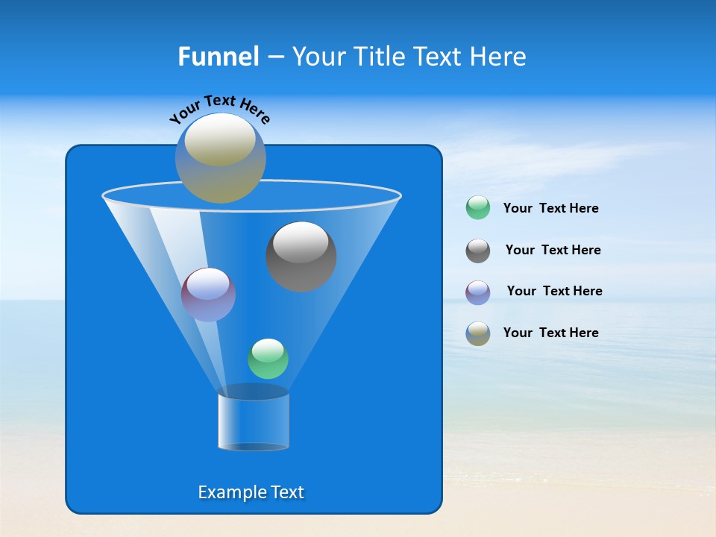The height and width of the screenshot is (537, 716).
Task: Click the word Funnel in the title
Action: (218, 57)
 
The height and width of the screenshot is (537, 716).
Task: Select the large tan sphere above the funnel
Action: (220, 158)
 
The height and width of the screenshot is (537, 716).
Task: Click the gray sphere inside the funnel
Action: (301, 258)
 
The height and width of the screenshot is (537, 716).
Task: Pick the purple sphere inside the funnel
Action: (208, 295)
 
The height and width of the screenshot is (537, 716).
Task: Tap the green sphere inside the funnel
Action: (268, 359)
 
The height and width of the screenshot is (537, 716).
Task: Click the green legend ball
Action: (478, 208)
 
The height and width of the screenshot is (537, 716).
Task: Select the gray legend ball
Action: (478, 251)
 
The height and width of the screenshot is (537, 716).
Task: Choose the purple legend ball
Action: (478, 292)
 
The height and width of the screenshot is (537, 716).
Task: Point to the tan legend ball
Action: (478, 333)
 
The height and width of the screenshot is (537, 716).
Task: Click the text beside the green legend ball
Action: (550, 208)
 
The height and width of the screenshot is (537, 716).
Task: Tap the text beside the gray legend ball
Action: (553, 250)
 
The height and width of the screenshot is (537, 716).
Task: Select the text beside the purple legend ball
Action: (554, 291)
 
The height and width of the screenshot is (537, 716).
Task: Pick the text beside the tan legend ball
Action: (550, 333)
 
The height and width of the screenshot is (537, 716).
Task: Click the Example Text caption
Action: (251, 492)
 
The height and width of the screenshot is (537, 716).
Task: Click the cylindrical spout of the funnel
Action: (253, 421)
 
